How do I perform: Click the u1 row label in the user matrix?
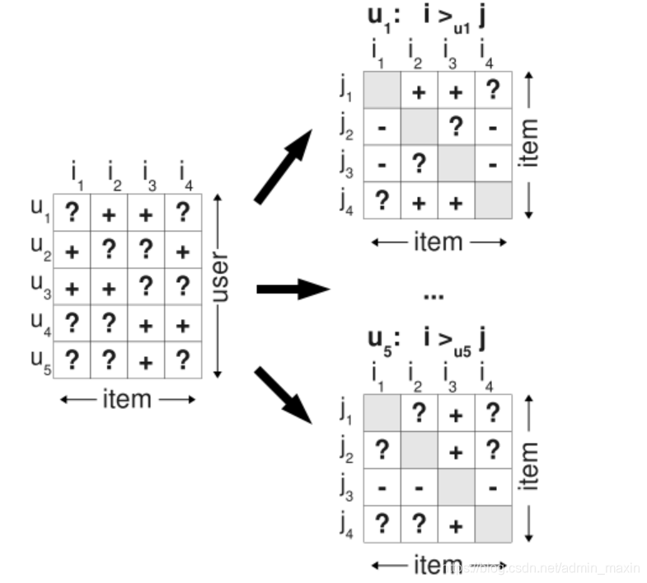click(40, 213)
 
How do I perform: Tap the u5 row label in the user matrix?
click(40, 360)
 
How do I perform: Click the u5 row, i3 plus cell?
click(146, 360)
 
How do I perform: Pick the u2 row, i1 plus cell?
click(73, 250)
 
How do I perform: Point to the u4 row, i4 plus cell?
click(182, 324)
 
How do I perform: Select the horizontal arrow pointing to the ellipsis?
click(293, 289)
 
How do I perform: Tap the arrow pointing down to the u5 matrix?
click(284, 395)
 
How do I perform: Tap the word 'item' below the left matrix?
click(127, 399)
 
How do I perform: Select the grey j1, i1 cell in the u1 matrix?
click(382, 90)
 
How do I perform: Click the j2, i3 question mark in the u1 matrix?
click(456, 126)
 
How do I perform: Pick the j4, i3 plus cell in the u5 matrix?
click(456, 524)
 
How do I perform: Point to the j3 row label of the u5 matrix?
click(346, 488)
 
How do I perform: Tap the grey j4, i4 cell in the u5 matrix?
click(492, 524)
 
